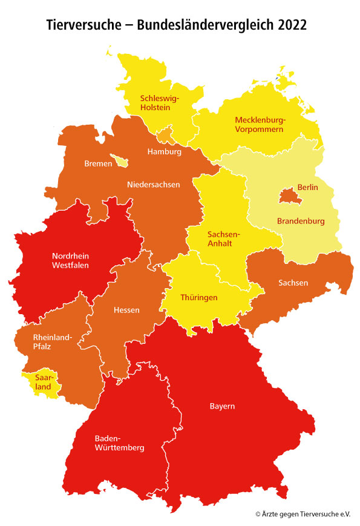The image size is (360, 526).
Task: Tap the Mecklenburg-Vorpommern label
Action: coord(260,124)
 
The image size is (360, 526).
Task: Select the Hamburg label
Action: coord(164,152)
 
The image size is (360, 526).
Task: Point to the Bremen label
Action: coord(98,163)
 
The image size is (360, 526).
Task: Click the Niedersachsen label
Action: coord(153,184)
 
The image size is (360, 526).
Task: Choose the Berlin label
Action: coord(307,188)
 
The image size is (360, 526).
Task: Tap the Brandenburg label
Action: coord(301,221)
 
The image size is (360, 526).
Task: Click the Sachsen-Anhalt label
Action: coord(224,238)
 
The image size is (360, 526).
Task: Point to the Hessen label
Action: coord(126,310)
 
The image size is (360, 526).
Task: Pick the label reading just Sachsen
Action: coord(293,283)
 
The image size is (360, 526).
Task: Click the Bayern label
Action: coord(222,406)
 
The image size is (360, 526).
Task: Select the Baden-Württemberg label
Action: coord(119,443)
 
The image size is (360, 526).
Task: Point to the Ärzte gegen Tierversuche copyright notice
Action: coord(303,513)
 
